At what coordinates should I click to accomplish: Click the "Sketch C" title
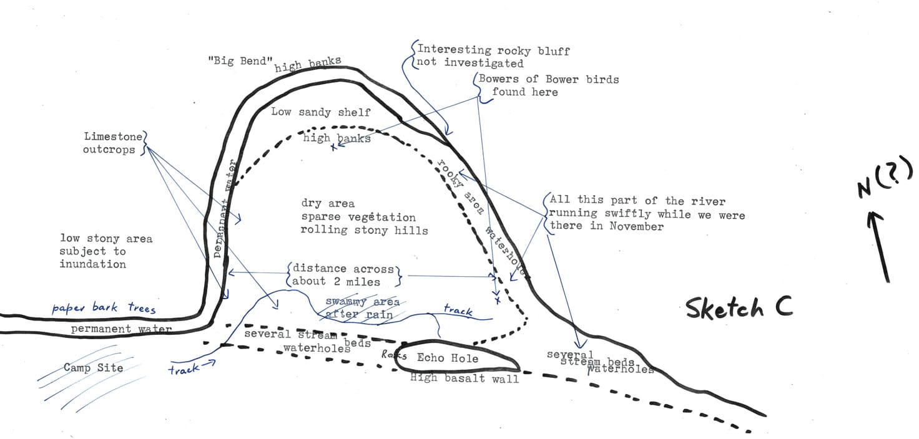739,308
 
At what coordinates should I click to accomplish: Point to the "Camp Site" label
93,367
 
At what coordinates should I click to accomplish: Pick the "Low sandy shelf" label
321,112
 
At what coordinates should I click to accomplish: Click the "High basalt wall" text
464,378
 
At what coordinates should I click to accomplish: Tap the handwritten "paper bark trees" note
104,308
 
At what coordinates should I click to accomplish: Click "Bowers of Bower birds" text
549,79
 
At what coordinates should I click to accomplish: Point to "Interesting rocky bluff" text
493,50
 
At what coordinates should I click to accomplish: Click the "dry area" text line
328,203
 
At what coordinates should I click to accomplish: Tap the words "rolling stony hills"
364,230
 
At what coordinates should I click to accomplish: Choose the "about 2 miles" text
336,281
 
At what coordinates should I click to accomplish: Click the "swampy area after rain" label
362,308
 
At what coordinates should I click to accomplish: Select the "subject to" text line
92,251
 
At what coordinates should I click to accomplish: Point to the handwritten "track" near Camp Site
185,369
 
